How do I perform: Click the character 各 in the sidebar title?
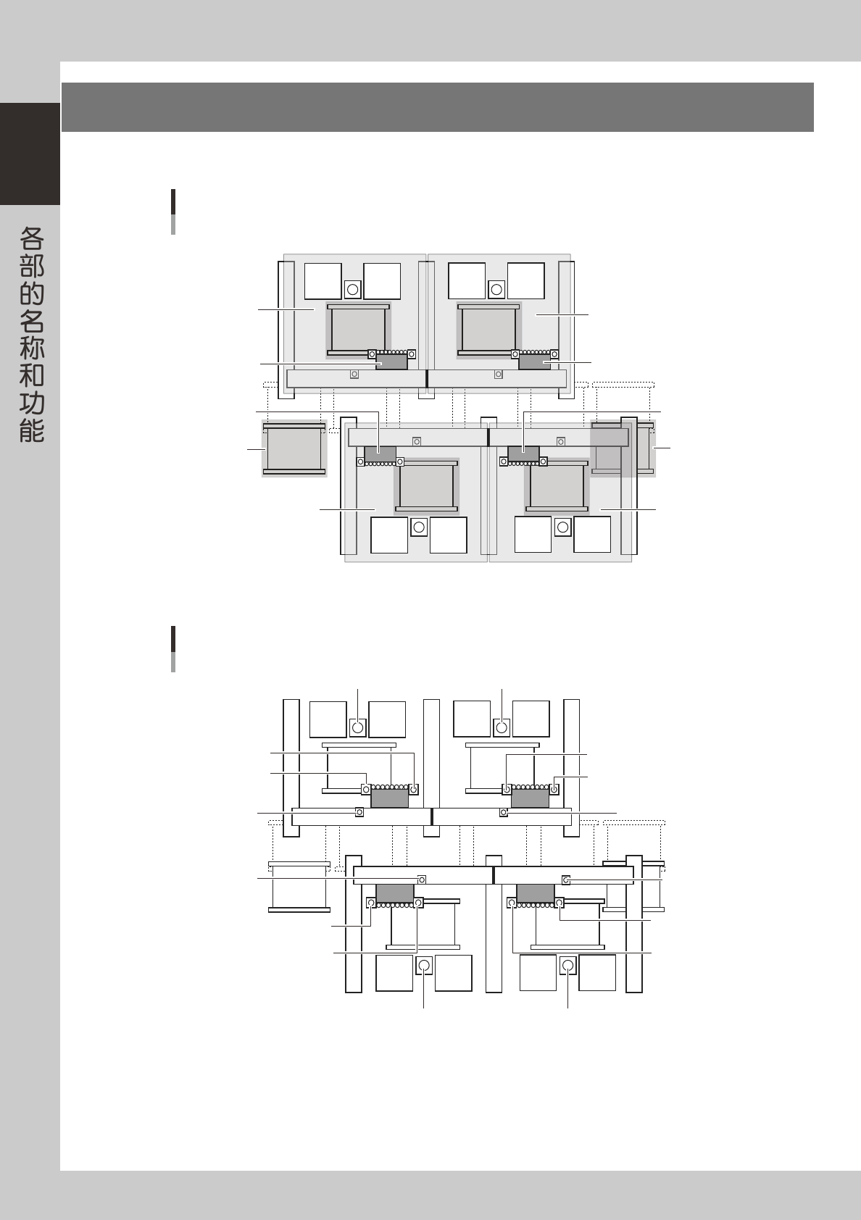click(x=32, y=238)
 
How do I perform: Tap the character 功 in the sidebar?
click(x=32, y=403)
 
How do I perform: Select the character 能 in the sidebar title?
click(x=32, y=430)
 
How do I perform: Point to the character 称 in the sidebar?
click(x=32, y=348)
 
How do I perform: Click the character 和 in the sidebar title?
click(x=32, y=375)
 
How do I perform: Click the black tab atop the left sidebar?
click(x=30, y=154)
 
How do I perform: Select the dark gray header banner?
click(x=438, y=107)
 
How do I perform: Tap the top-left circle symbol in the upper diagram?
click(x=352, y=289)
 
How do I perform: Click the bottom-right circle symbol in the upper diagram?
click(x=563, y=527)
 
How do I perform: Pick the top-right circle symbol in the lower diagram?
click(x=502, y=727)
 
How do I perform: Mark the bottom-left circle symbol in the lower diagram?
click(x=424, y=966)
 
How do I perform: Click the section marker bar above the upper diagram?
click(x=173, y=212)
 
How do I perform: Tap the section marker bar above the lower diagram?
click(x=173, y=648)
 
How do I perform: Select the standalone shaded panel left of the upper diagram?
click(x=294, y=448)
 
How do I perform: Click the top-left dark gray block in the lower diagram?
click(x=390, y=798)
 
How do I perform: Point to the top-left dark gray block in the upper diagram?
click(x=392, y=362)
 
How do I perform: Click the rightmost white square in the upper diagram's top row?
click(x=526, y=281)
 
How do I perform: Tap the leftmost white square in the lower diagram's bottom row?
click(x=394, y=973)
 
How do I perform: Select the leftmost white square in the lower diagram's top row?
click(x=328, y=719)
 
